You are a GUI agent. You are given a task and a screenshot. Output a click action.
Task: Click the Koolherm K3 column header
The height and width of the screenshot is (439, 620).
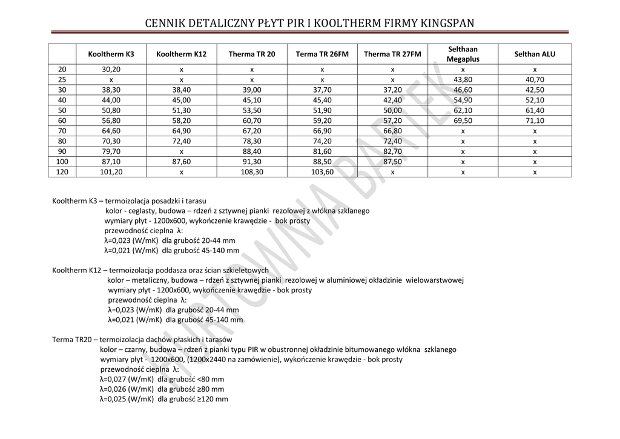111,54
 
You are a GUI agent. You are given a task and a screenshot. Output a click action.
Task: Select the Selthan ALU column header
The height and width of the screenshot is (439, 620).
535,54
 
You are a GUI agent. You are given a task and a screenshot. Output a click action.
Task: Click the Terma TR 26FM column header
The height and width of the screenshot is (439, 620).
322,54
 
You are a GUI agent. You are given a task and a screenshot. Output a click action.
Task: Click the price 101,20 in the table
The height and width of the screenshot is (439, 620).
111,172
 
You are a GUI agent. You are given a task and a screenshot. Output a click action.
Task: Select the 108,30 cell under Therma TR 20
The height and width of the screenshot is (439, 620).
252,172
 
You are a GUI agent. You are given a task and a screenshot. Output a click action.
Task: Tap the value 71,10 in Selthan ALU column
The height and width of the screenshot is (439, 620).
535,120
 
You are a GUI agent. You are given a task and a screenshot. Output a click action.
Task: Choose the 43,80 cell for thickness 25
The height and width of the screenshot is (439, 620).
463,79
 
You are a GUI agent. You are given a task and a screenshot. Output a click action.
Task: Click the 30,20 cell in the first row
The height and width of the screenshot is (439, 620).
111,70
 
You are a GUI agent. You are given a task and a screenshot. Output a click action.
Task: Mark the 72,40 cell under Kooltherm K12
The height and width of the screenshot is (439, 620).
182,141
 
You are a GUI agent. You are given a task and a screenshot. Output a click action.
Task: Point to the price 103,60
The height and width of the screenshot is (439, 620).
322,172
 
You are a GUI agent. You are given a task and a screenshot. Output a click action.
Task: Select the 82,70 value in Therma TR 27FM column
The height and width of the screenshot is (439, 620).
392,151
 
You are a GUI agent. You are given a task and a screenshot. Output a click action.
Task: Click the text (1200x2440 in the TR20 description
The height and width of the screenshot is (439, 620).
209,360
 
